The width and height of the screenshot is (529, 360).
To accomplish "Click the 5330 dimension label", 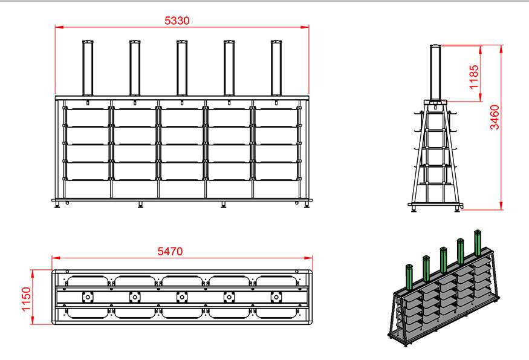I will coord(177,21).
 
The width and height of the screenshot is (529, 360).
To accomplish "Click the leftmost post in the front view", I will coord(87,67).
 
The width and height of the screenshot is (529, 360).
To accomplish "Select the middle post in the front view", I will coord(181,67).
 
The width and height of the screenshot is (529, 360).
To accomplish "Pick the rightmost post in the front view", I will coord(276,67).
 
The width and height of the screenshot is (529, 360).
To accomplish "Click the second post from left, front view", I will coord(134,67).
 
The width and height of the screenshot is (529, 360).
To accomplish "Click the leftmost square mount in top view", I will coord(87,297).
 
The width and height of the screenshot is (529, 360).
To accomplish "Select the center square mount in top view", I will coord(181,297).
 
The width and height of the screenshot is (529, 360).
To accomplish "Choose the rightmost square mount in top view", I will coord(276,297).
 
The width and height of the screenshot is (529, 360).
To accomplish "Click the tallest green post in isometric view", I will coord(478,243).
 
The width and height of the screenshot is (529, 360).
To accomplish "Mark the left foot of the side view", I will coord(415,209).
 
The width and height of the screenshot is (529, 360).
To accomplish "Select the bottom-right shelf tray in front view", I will coord(277,171).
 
